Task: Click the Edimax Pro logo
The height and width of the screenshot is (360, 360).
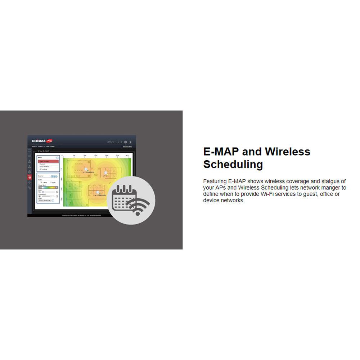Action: click(42, 141)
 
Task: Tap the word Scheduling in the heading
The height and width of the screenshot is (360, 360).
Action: click(233, 165)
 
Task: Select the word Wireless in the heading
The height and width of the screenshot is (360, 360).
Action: click(288, 152)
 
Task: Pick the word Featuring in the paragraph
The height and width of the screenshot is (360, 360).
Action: click(215, 181)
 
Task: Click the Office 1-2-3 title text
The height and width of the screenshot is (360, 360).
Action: click(114, 142)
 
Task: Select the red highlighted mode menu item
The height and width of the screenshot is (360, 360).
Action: click(48, 161)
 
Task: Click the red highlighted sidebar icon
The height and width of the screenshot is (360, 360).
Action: click(30, 177)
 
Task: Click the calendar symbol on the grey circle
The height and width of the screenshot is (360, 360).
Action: click(122, 198)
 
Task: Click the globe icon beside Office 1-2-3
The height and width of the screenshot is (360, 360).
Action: click(125, 142)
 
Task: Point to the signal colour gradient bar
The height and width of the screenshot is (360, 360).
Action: click(48, 187)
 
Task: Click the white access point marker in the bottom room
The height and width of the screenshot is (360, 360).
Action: click(98, 193)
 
